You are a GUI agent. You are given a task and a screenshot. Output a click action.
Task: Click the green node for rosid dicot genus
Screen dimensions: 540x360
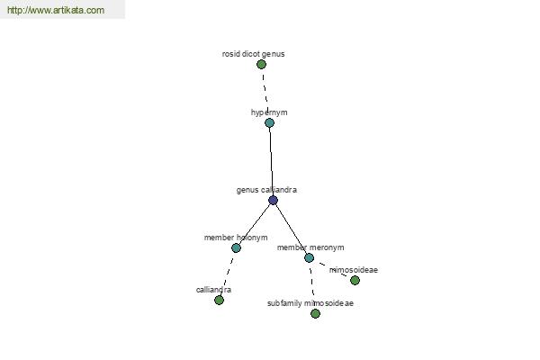point(261,65)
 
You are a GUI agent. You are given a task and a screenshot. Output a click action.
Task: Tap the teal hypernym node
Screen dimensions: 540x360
point(270,123)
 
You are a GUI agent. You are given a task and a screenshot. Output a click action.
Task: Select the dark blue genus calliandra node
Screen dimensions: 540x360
point(273,200)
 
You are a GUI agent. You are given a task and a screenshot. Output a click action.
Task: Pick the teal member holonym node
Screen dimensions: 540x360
point(236,247)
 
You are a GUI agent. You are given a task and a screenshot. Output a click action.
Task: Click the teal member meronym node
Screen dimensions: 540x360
point(310,257)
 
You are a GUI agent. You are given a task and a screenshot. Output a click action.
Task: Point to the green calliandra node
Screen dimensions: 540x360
point(219,300)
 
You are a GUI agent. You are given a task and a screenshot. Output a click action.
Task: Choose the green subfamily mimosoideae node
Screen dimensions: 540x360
point(316,313)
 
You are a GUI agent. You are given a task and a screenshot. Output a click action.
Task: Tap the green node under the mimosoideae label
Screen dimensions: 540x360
point(355,281)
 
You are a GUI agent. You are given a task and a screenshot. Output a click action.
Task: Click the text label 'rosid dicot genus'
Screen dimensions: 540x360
point(253,54)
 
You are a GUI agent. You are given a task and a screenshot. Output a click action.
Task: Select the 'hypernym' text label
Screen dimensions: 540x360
point(269,112)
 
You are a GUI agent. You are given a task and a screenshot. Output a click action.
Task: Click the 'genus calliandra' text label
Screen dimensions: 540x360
point(266,190)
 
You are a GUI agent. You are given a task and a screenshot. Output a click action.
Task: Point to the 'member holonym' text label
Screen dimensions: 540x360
point(236,238)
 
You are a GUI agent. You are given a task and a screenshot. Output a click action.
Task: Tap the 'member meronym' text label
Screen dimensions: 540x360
point(310,247)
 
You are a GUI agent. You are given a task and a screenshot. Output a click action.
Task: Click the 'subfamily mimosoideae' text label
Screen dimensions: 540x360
point(310,303)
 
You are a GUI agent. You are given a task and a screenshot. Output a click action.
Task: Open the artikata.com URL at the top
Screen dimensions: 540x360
point(56,10)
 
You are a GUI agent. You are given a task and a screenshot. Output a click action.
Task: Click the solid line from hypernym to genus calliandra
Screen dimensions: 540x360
point(272,162)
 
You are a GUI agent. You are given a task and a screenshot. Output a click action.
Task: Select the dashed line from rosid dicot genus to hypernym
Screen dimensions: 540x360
point(265,89)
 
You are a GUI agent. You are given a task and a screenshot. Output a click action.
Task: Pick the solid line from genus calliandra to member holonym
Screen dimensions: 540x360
point(255,224)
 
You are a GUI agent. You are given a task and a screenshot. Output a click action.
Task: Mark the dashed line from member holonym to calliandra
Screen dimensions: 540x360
point(228,274)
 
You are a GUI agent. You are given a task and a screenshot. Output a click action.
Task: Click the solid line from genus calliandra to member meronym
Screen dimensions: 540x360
point(291,229)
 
